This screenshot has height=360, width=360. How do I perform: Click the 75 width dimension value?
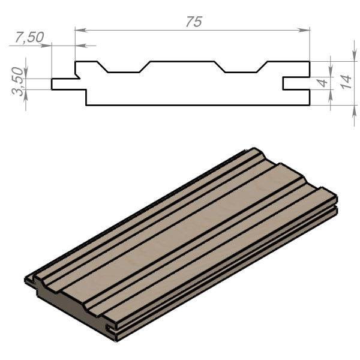coord(194,22)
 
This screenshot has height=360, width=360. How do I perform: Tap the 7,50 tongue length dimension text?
coord(29,37)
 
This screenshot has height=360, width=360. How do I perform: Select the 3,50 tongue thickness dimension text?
coord(17,81)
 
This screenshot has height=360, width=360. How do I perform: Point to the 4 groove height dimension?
coord(323,83)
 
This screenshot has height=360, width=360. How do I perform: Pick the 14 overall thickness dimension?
coord(346,82)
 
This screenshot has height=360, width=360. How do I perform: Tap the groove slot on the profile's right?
coord(296,83)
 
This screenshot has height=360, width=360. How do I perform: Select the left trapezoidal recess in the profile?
coord(124,67)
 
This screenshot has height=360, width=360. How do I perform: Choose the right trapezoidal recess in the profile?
coord(241,67)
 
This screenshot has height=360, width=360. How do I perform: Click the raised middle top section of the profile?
coord(182,62)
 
